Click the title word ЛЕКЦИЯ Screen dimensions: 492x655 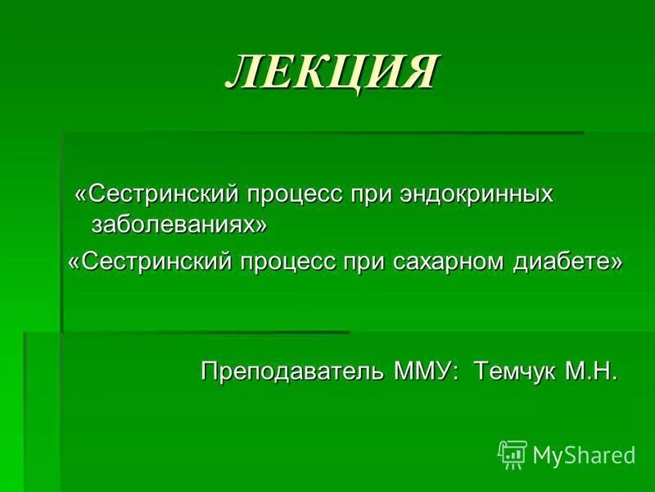(332, 71)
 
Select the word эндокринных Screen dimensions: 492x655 (477, 195)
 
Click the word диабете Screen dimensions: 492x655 (569, 262)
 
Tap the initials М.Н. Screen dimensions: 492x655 (589, 371)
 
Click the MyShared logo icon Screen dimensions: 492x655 (513, 453)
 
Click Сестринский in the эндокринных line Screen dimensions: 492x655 (156, 195)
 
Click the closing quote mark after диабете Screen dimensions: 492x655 (617, 262)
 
